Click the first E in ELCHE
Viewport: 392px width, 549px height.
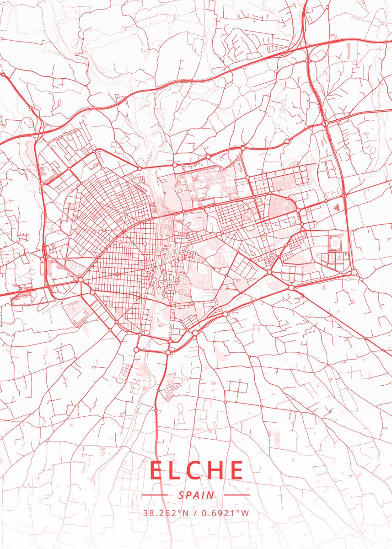click(157, 470)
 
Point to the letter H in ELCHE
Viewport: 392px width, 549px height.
click(217, 470)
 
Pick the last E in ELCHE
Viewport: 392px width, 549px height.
click(236, 470)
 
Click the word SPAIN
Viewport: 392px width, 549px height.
click(196, 495)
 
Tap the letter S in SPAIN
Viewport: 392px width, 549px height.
click(181, 495)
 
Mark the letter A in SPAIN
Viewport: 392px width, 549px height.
click(196, 495)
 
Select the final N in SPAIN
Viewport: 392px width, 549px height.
click(210, 495)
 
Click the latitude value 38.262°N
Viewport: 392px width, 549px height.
click(166, 513)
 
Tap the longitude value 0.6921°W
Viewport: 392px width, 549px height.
click(225, 513)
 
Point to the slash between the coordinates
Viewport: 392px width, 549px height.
click(195, 513)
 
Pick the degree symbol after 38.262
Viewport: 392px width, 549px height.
click(180, 511)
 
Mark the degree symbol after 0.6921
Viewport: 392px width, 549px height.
click(239, 511)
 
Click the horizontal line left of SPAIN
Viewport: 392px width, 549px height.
click(156, 495)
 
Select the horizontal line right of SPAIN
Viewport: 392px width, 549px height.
click(237, 495)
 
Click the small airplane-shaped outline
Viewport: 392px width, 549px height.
click(337, 207)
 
